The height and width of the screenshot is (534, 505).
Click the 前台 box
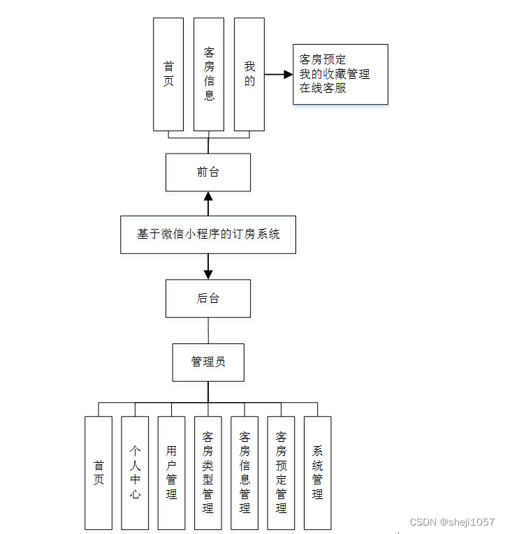pos(207,172)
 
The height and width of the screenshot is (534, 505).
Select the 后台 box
pos(207,299)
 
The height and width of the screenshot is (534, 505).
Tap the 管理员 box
pos(208,362)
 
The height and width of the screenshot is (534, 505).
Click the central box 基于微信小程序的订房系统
pos(208,235)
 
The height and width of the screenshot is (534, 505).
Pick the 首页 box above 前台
pos(168,74)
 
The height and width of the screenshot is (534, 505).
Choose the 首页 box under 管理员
pos(98,473)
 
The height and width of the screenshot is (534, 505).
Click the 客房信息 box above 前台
pos(209,74)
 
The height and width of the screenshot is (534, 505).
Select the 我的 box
pos(249,74)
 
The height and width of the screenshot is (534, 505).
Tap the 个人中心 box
pos(135,473)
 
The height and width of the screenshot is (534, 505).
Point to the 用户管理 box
pos(172,473)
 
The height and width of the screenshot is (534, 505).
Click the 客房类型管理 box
pos(208,473)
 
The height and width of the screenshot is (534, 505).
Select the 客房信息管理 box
pos(244,473)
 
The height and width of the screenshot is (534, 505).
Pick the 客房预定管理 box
pos(281,473)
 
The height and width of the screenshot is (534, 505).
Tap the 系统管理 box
pos(317,473)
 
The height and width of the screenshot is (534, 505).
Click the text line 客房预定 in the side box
pos(322,60)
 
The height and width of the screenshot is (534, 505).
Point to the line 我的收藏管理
pos(334,74)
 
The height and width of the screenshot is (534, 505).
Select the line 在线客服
pos(322,89)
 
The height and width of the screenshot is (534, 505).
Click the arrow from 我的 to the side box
pos(278,74)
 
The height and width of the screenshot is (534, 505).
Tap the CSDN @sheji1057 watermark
pos(452,522)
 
